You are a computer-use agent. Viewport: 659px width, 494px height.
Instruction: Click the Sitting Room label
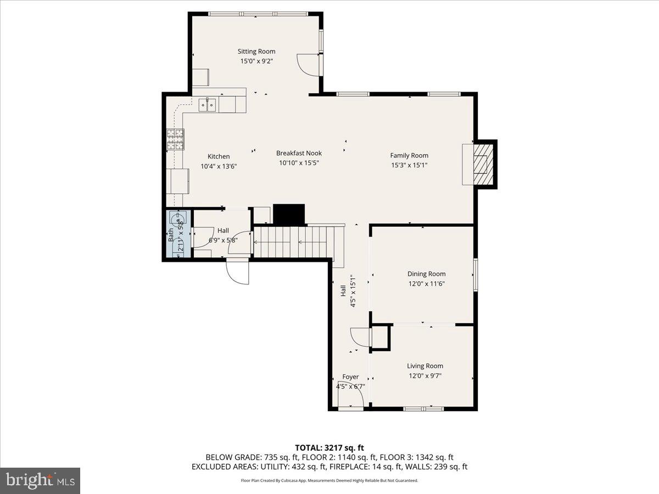pos(256,51)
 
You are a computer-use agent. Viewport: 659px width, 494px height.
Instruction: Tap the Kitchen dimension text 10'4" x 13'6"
pos(219,166)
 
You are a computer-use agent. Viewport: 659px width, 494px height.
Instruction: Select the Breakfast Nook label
pos(299,153)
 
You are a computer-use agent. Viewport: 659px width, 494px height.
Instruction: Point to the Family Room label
pos(409,155)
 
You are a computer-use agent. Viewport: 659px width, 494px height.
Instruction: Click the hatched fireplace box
pos(483,164)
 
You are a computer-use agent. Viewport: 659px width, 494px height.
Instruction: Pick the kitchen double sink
pos(207,105)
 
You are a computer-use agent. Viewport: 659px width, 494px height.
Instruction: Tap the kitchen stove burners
pos(175,139)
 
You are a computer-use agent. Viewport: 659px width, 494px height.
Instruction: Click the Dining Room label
pos(426,274)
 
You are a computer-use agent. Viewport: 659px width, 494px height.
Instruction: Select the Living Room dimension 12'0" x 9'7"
pos(425,375)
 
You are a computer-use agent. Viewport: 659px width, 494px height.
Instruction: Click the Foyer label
pos(350,377)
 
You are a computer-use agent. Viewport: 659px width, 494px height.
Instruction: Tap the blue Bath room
pos(178,234)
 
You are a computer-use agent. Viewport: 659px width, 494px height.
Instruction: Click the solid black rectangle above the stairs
pos(289,214)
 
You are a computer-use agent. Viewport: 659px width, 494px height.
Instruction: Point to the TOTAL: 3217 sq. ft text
pos(329,448)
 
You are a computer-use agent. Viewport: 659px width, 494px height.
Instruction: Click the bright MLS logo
pos(40,481)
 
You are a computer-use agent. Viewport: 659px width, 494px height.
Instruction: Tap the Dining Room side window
pos(476,275)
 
